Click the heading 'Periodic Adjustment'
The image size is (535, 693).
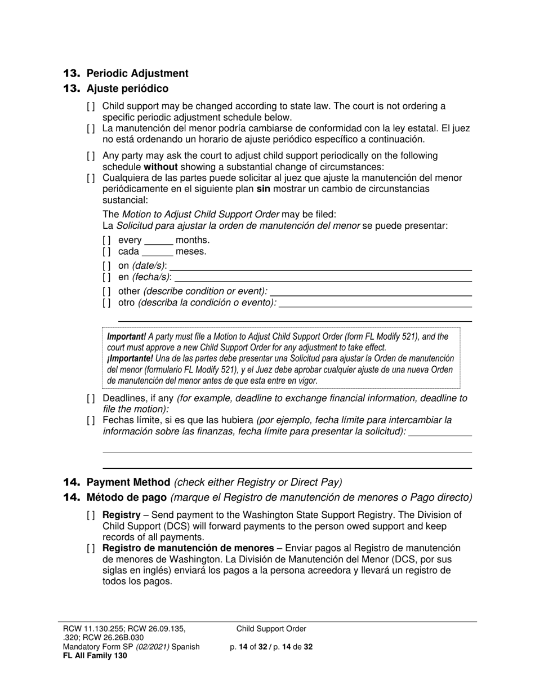click(x=137, y=73)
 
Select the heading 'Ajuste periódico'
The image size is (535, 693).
click(x=127, y=88)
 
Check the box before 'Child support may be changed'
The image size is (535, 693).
click(x=91, y=106)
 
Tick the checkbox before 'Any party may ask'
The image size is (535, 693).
click(x=91, y=156)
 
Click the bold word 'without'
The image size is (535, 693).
click(x=160, y=167)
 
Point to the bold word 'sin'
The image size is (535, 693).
click(x=263, y=189)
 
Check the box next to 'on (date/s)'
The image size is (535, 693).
click(x=106, y=265)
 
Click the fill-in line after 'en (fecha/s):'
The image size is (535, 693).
click(x=324, y=277)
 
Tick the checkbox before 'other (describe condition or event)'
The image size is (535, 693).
click(x=106, y=291)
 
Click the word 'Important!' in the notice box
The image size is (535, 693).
click(x=126, y=337)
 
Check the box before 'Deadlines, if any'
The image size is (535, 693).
click(x=91, y=398)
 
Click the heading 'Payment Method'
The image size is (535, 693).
click(x=128, y=482)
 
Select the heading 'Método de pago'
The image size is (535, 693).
click(x=126, y=497)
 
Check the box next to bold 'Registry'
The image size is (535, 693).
click(x=91, y=515)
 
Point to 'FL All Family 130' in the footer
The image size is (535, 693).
click(x=95, y=656)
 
